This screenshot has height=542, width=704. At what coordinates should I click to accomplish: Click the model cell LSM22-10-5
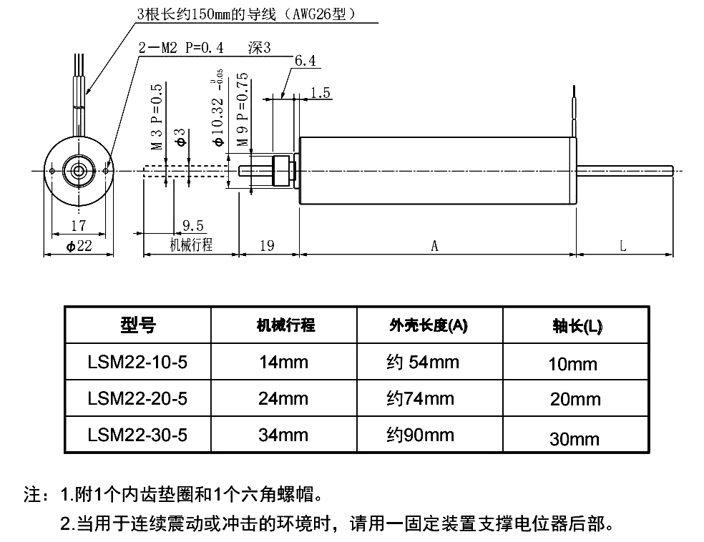[x=137, y=362]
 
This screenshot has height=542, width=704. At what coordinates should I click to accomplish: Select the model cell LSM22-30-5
[x=137, y=435]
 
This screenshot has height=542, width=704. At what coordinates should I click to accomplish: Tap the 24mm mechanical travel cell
[x=283, y=398]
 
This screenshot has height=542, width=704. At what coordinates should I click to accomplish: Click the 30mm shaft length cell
[x=573, y=438]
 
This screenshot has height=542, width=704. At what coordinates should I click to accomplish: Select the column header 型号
[x=137, y=326]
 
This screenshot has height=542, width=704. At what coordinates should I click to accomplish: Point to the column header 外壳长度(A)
[x=428, y=326]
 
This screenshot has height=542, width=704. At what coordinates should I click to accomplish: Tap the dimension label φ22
[x=79, y=246]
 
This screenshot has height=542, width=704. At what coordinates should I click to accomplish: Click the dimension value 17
[x=79, y=226]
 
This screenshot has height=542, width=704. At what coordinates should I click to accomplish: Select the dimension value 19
[x=267, y=246]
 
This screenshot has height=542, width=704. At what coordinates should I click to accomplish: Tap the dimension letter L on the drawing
[x=623, y=246]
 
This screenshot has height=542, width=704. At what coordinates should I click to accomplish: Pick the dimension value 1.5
[x=321, y=92]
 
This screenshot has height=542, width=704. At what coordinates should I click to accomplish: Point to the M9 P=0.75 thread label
[x=243, y=109]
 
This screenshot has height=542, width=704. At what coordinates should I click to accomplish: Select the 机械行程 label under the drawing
[x=191, y=245]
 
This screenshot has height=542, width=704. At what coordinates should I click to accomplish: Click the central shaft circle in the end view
[x=78, y=170]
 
